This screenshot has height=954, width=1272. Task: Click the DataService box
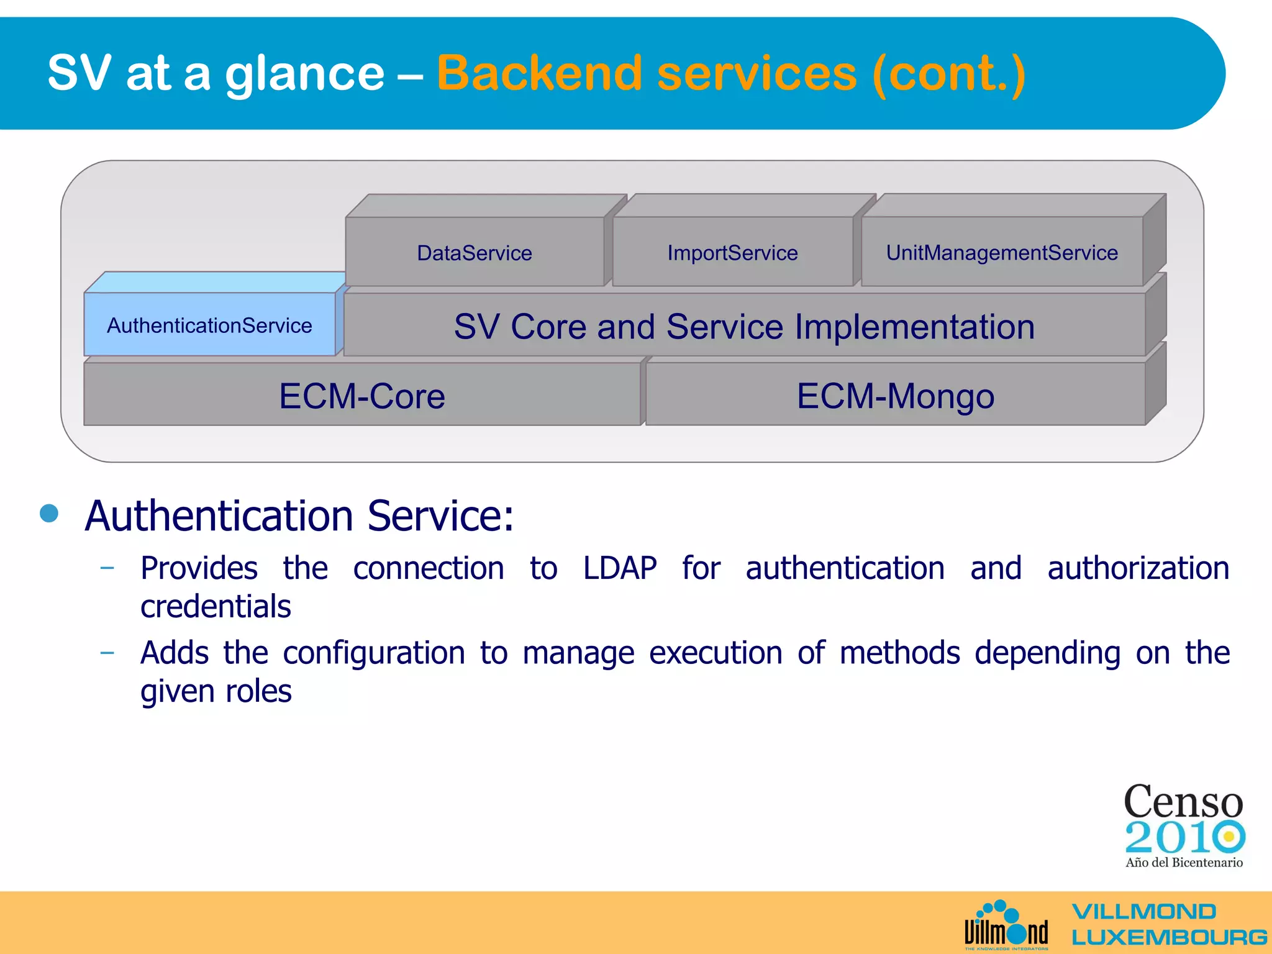coord(475,253)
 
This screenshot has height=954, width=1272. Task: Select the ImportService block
coord(732,253)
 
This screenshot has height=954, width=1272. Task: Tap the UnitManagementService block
coord(1001,253)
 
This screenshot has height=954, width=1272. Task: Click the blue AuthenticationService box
coord(209,325)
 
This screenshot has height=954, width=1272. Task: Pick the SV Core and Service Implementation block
coord(744,327)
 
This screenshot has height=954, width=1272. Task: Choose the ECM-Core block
coord(362,396)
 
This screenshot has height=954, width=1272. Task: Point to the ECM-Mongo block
coord(895,396)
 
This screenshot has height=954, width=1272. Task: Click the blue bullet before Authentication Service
coord(49,513)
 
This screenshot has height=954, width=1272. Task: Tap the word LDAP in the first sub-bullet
coord(619,568)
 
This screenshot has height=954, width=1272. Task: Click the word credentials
coord(216,607)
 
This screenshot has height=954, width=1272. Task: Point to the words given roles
coord(216,691)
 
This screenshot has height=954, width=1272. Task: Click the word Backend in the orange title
coord(539,73)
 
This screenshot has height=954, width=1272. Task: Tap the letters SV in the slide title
coord(79,73)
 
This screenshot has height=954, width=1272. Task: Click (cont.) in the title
coord(948,73)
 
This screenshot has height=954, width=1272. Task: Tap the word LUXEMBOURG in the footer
coord(1168,937)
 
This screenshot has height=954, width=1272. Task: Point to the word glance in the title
coord(304,73)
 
